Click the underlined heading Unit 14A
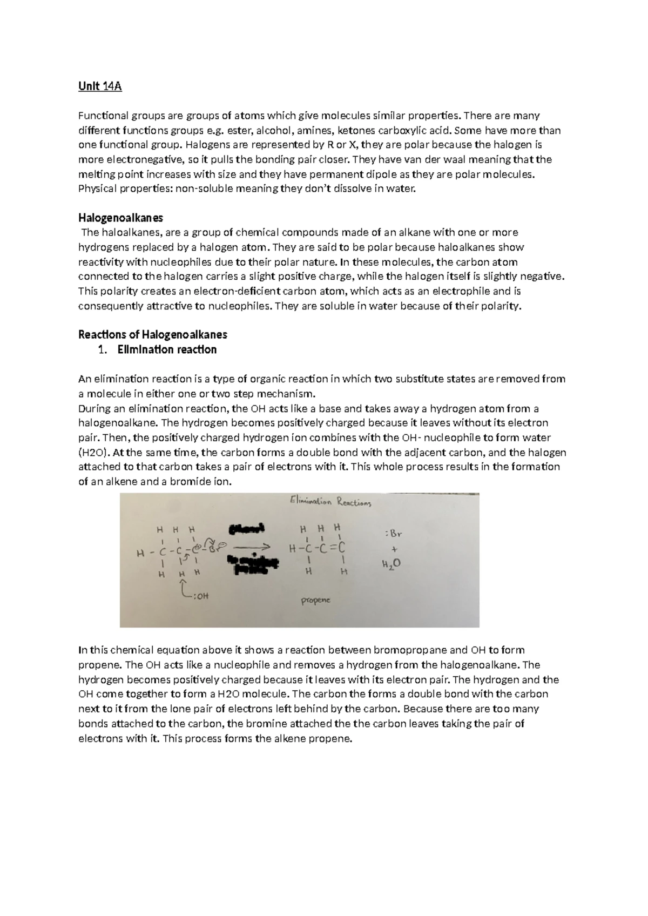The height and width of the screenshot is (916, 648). tap(100, 86)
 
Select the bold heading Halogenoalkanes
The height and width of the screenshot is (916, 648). tap(120, 218)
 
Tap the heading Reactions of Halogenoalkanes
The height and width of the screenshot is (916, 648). tap(153, 334)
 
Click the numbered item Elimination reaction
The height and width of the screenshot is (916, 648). tap(167, 349)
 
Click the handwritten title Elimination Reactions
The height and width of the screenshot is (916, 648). tap(330, 502)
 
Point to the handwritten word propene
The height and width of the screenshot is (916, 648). tap(315, 600)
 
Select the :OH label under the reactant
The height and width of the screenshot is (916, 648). tap(200, 596)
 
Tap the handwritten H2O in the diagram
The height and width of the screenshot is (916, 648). tap(391, 564)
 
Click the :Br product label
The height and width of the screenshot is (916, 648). tap(394, 534)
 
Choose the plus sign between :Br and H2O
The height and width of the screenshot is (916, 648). tap(394, 549)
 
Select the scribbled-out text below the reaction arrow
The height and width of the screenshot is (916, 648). tap(252, 565)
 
